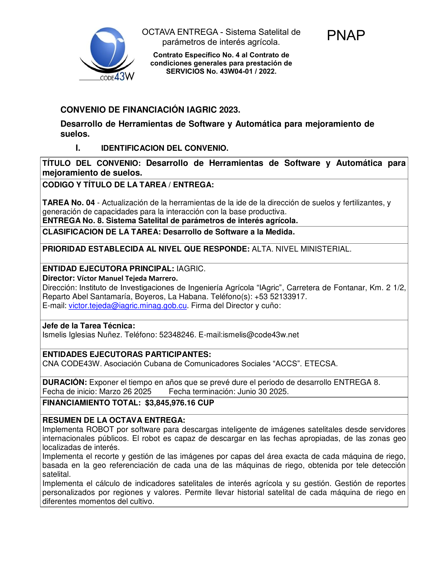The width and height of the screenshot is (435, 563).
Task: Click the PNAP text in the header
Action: click(x=346, y=35)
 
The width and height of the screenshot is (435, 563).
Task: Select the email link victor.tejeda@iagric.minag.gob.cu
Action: click(x=128, y=306)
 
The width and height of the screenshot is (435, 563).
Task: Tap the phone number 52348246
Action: click(x=177, y=335)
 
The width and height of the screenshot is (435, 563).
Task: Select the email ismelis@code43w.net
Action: click(x=261, y=335)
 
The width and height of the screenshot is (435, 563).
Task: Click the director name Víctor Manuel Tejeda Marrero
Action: click(x=127, y=278)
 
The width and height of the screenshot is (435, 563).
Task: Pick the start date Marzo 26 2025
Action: click(x=125, y=392)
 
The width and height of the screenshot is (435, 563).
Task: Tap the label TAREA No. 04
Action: click(x=69, y=203)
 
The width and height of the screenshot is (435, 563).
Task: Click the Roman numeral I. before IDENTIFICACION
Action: click(x=78, y=148)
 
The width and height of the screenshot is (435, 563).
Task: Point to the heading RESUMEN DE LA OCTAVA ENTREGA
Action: click(x=114, y=420)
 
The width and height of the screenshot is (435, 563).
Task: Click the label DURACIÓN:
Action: click(x=65, y=382)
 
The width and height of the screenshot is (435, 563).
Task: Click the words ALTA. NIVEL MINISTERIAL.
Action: click(x=301, y=249)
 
